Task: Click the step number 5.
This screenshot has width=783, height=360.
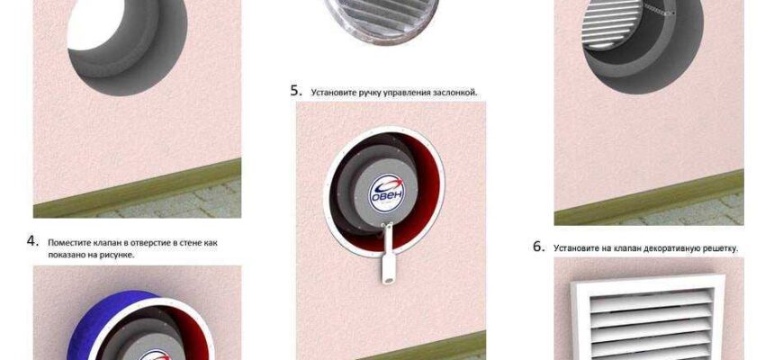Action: click(296, 92)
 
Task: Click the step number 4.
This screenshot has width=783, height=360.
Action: click(32, 241)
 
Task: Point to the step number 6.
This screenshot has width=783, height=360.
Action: click(539, 247)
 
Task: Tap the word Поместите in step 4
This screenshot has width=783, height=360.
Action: click(65, 243)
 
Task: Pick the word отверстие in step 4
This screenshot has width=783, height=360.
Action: click(153, 243)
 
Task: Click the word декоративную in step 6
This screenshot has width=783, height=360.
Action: click(662, 248)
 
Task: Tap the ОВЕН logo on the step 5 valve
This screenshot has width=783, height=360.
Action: click(386, 192)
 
